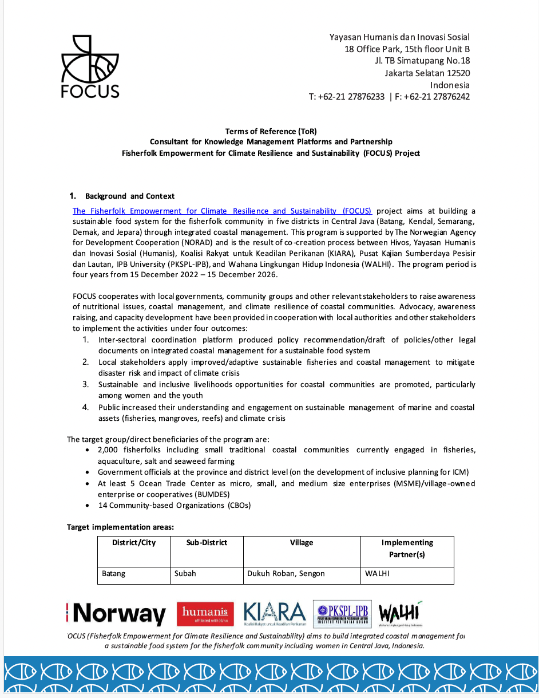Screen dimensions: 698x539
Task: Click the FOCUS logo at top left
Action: [90, 66]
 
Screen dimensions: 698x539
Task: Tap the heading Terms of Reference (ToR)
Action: [271, 131]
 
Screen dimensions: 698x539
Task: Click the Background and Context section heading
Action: [130, 196]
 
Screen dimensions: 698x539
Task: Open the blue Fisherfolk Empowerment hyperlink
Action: [222, 211]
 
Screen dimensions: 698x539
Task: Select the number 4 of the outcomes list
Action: [85, 407]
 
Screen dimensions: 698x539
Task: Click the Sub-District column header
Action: [207, 542]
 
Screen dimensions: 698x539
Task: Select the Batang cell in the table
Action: [113, 573]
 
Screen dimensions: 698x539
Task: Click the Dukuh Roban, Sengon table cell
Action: [286, 573]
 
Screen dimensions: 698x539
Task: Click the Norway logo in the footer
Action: [117, 614]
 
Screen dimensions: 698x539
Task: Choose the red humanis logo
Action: [205, 614]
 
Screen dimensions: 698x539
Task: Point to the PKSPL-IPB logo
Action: [342, 614]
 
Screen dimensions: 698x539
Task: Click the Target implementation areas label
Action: [120, 527]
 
